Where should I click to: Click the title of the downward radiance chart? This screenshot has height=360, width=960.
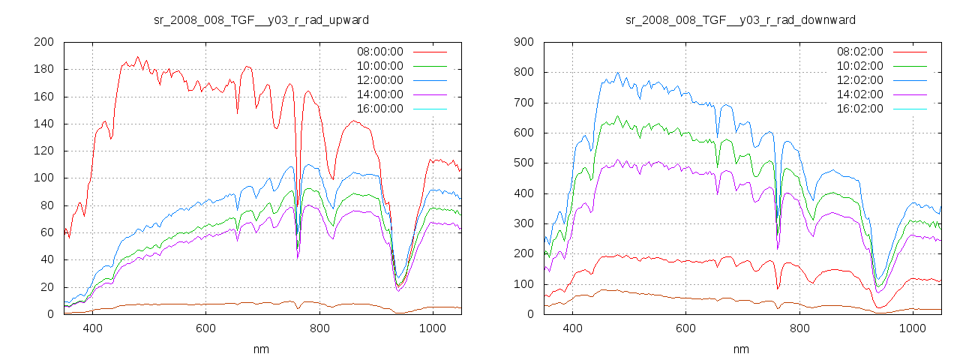pyautogui.click(x=740, y=19)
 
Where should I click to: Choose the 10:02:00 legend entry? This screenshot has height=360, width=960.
pyautogui.click(x=859, y=66)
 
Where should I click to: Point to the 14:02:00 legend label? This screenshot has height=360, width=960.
pyautogui.click(x=859, y=94)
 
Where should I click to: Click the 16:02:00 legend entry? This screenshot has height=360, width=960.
pyautogui.click(x=859, y=109)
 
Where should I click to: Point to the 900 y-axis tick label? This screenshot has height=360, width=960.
pyautogui.click(x=523, y=42)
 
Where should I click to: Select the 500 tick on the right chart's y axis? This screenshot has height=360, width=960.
pyautogui.click(x=523, y=163)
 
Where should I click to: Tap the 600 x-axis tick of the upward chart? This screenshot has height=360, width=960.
pyautogui.click(x=205, y=328)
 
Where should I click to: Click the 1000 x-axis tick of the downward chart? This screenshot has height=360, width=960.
pyautogui.click(x=912, y=328)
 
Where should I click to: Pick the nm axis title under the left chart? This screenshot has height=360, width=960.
pyautogui.click(x=261, y=349)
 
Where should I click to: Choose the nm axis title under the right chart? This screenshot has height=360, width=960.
pyautogui.click(x=741, y=349)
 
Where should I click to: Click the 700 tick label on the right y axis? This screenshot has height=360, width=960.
pyautogui.click(x=523, y=103)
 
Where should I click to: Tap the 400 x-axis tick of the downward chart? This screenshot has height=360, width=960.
pyautogui.click(x=572, y=328)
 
